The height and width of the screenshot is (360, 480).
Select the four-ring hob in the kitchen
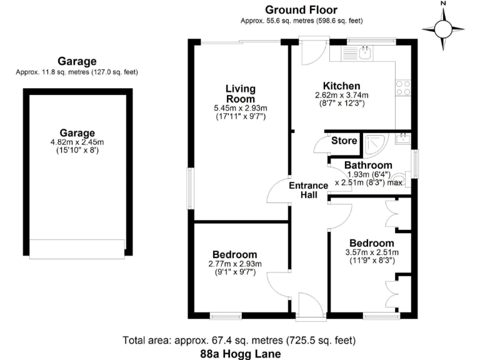pos(403,89)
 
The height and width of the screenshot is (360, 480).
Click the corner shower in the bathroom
pos(376,144)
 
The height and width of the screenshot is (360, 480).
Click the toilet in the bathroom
pos(402,182)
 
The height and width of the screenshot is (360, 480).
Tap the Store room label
pos(344,141)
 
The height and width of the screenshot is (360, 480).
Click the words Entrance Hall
pos(308,190)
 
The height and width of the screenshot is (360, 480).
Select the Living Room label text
pos(240,94)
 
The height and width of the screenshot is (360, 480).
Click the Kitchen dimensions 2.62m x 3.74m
pos(341,96)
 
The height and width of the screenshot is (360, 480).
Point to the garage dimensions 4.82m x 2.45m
pos(77,142)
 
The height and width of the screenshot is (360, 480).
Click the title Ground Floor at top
pos(301,9)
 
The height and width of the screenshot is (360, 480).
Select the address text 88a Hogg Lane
pos(240,353)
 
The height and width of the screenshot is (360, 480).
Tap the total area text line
pos(240,341)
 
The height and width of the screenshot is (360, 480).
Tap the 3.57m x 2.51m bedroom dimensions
pos(372,252)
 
